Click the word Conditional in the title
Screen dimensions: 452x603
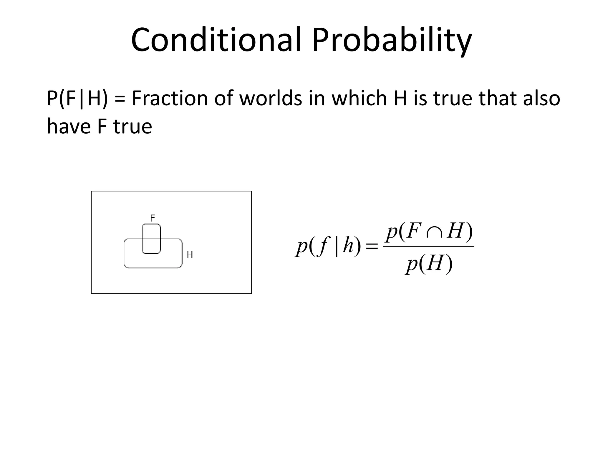coord(216,40)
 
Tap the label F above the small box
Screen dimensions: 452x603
coord(153,218)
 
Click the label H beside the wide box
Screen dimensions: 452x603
coord(190,255)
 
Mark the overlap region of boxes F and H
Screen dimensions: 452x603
coord(151,246)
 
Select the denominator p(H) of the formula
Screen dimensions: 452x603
coord(429,264)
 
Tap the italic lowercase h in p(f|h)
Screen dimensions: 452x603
coord(348,246)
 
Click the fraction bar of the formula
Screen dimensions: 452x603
coord(428,247)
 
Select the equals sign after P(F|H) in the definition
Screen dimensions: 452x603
coord(120,99)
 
